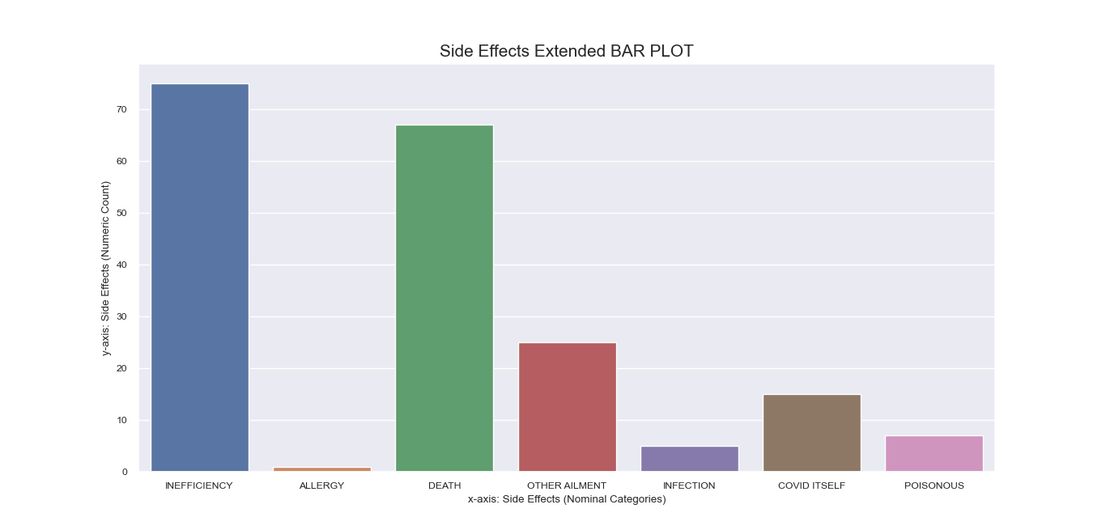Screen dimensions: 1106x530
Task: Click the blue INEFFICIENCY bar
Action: [200, 278]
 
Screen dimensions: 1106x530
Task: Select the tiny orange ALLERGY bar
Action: [322, 469]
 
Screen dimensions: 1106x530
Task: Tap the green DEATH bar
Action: [445, 299]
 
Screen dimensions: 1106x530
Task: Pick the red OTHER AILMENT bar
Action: [568, 407]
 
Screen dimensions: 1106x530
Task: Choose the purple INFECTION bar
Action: [690, 459]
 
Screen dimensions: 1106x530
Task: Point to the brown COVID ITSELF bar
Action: [812, 433]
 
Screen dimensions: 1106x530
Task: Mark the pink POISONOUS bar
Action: [934, 453]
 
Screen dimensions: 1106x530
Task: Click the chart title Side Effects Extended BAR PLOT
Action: [566, 51]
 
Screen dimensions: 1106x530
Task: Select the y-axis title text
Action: [106, 268]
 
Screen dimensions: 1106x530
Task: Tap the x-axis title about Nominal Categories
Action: [567, 499]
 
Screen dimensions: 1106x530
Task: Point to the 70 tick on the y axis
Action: [121, 109]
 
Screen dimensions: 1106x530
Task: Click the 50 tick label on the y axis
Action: [121, 213]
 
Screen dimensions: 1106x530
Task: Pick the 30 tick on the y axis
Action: [121, 317]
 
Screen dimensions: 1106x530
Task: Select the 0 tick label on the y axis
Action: [125, 472]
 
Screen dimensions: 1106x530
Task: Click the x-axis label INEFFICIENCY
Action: [199, 485]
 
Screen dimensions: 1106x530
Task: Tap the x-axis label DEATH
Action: [445, 485]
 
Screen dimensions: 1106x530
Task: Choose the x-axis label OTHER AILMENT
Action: [567, 485]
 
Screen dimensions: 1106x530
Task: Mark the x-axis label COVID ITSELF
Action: [812, 485]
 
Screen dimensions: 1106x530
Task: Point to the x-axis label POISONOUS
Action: [934, 485]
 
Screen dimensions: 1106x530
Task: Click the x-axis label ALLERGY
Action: [322, 485]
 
